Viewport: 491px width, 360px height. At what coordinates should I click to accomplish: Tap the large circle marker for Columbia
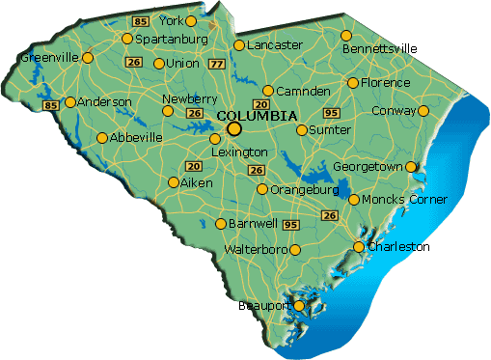[233, 128]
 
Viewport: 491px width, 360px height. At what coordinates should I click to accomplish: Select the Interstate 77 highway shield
[216, 65]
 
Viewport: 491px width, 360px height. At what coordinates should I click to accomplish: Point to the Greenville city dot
[88, 58]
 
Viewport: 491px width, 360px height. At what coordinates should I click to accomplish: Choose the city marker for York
[190, 20]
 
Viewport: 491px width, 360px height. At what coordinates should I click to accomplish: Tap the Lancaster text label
[275, 44]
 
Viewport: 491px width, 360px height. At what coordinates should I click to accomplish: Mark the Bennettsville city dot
[346, 36]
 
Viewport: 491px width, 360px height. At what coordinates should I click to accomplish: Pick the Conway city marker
[423, 110]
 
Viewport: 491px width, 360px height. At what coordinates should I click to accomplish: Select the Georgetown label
[368, 167]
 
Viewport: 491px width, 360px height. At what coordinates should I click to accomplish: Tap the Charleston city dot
[359, 247]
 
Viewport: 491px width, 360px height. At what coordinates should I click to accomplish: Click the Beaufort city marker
[299, 306]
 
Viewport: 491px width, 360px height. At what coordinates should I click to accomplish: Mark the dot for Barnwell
[221, 224]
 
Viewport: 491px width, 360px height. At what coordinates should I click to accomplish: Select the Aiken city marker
[173, 181]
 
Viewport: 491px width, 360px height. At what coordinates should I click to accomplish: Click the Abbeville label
[137, 138]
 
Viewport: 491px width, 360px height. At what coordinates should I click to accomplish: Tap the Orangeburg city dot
[262, 189]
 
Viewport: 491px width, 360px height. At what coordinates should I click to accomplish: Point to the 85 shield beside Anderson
[50, 104]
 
